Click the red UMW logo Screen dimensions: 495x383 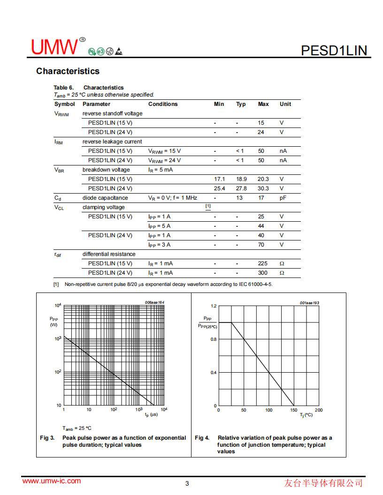pyautogui.click(x=54, y=47)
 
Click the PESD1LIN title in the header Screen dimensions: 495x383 pyautogui.click(x=334, y=50)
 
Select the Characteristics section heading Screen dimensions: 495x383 pyautogui.click(x=68, y=71)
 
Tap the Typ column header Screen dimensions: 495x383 pyautogui.click(x=241, y=104)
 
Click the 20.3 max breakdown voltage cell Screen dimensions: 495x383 pyautogui.click(x=263, y=179)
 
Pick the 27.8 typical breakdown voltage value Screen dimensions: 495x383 pyautogui.click(x=241, y=188)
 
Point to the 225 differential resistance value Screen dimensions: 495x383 pyautogui.click(x=262, y=263)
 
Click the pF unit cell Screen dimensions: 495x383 pyautogui.click(x=283, y=198)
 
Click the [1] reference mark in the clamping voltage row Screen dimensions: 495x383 pyautogui.click(x=208, y=206)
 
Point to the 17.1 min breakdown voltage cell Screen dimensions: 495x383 pyautogui.click(x=219, y=179)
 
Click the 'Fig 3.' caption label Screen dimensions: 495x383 pyautogui.click(x=47, y=438)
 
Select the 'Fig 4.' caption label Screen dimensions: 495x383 pyautogui.click(x=202, y=438)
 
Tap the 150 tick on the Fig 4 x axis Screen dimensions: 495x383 pyautogui.click(x=294, y=410)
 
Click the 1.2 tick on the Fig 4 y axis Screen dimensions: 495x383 pyautogui.click(x=214, y=306)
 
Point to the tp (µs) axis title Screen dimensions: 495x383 pyautogui.click(x=151, y=415)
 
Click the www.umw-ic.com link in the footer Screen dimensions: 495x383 pyautogui.click(x=52, y=481)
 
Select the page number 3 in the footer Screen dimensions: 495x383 pyautogui.click(x=187, y=484)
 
